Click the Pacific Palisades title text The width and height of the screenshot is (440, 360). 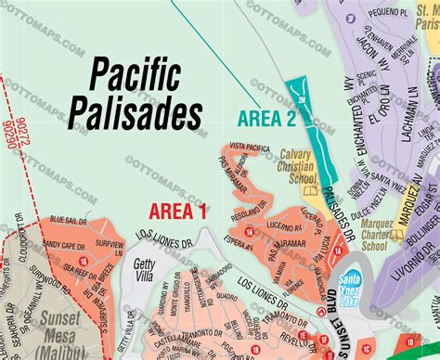pos(147,94)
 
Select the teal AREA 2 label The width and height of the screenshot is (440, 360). pos(266,118)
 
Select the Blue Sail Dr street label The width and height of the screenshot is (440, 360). pos(69,219)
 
